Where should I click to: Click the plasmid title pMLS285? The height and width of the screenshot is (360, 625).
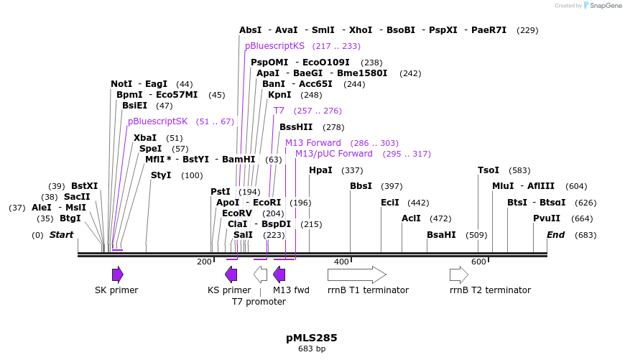pyautogui.click(x=311, y=338)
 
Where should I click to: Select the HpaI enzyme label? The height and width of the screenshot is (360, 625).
pyautogui.click(x=320, y=170)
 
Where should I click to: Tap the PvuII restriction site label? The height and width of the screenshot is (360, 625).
pyautogui.click(x=546, y=218)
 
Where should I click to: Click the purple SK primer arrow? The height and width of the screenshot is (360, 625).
pyautogui.click(x=117, y=274)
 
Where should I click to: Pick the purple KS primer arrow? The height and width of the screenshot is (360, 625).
pyautogui.click(x=231, y=274)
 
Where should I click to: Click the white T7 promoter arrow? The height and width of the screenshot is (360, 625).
pyautogui.click(x=260, y=274)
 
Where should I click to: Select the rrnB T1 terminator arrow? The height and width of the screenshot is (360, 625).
pyautogui.click(x=356, y=274)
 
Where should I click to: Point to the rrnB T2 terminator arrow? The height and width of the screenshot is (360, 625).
pyautogui.click(x=458, y=274)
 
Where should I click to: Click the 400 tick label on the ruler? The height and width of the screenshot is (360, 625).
pyautogui.click(x=341, y=262)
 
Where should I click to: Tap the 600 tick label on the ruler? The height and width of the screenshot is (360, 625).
pyautogui.click(x=478, y=262)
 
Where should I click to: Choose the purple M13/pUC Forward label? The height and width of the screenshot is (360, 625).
pyautogui.click(x=333, y=154)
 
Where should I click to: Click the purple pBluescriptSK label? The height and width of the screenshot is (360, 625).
pyautogui.click(x=157, y=121)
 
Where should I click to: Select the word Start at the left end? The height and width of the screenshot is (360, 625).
pyautogui.click(x=61, y=235)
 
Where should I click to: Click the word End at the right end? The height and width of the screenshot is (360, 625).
pyautogui.click(x=555, y=235)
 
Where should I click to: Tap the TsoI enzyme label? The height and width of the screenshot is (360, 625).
pyautogui.click(x=488, y=170)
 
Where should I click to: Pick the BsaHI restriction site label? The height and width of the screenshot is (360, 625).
pyautogui.click(x=441, y=235)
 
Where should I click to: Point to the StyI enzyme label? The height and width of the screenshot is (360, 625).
pyautogui.click(x=161, y=175)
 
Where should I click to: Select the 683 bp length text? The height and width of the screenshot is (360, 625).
pyautogui.click(x=312, y=349)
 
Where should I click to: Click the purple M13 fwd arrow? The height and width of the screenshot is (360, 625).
pyautogui.click(x=279, y=274)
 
